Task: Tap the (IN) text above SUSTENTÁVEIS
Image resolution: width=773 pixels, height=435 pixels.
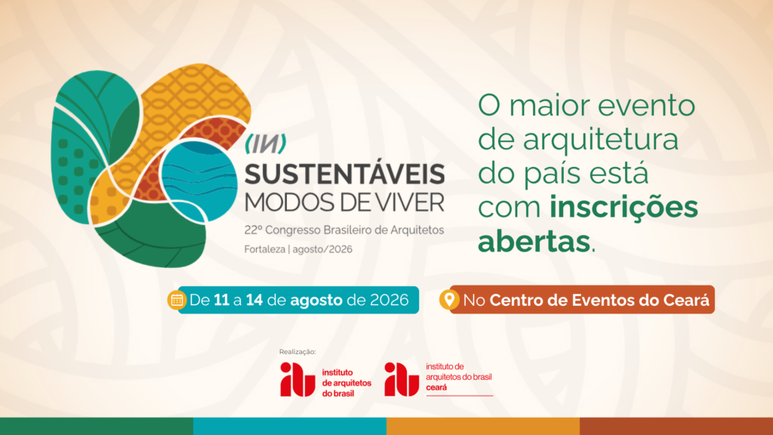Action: click(266, 143)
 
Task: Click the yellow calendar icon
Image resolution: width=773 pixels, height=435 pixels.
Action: click(177, 300)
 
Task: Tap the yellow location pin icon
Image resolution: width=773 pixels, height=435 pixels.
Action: click(449, 299)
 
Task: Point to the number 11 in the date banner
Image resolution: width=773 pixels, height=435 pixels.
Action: click(221, 300)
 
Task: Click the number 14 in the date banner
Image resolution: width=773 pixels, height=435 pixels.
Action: click(254, 300)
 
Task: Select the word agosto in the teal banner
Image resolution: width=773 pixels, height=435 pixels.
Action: click(316, 301)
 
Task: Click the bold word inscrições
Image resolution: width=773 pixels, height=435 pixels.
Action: click(624, 207)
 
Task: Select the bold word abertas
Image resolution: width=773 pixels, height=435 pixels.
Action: click(534, 241)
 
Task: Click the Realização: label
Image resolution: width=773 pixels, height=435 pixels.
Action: click(297, 352)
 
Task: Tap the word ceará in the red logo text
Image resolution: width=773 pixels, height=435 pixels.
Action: click(436, 387)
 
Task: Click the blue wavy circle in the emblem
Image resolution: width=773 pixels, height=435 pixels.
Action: click(199, 180)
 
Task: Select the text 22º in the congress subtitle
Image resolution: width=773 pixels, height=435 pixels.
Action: click(254, 230)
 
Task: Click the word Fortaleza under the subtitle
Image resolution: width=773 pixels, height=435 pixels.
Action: click(265, 249)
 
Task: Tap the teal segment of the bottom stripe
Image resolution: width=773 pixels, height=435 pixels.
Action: click(290, 426)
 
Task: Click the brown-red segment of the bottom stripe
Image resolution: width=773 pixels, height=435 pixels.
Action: click(676, 426)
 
